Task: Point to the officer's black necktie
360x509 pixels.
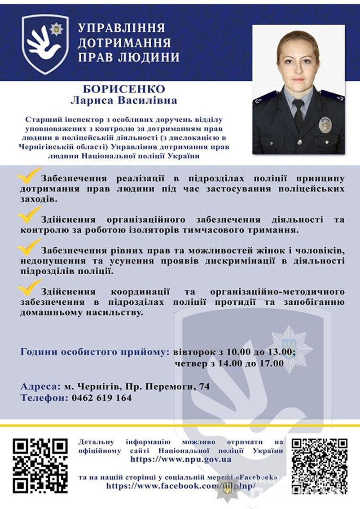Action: [298, 114]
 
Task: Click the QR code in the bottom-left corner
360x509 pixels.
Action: [40, 465]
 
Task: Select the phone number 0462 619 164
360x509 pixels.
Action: [101, 398]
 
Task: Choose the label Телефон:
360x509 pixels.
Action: [44, 398]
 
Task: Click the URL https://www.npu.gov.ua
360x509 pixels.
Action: [181, 459]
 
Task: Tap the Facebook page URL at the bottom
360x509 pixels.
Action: [181, 486]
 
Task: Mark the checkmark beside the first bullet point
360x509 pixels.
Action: [29, 176]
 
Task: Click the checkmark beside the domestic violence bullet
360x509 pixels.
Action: [29, 286]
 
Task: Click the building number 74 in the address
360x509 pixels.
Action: [204, 386]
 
